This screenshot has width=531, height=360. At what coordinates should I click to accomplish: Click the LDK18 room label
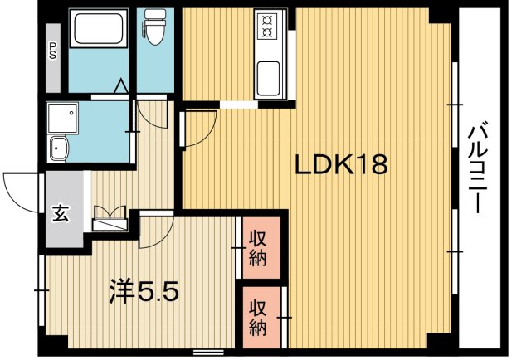click(341, 166)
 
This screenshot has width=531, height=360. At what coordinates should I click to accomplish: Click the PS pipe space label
click(52, 51)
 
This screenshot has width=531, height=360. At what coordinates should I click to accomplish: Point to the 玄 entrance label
click(62, 212)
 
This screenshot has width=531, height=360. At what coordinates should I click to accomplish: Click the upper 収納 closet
click(258, 246)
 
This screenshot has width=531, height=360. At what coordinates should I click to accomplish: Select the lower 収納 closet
click(258, 316)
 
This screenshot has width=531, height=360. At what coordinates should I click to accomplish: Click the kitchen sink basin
click(270, 80)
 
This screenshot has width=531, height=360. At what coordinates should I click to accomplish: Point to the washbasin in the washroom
click(60, 150)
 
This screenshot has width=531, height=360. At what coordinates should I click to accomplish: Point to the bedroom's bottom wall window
click(207, 352)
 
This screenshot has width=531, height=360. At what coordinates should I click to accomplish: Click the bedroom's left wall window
click(41, 289)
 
